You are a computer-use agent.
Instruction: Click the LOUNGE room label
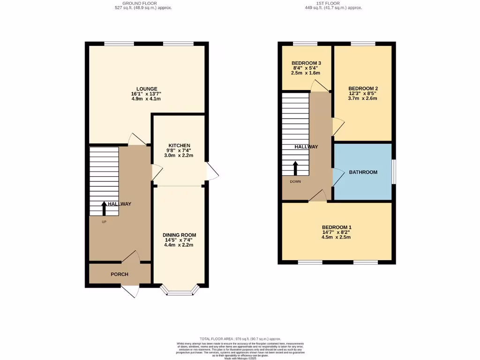click(x=147, y=89)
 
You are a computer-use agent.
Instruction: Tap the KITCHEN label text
click(x=180, y=145)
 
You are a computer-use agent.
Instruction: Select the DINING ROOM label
click(x=180, y=235)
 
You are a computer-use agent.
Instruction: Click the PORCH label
click(x=120, y=274)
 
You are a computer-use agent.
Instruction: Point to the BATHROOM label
click(x=363, y=172)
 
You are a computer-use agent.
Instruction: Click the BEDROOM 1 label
click(x=336, y=227)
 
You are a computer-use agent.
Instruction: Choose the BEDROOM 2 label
click(x=363, y=88)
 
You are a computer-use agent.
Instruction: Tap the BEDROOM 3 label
click(x=306, y=63)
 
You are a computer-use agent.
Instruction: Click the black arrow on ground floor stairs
click(x=104, y=207)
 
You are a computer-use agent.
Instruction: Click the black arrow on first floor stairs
click(x=295, y=168)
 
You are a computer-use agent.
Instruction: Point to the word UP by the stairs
click(x=104, y=222)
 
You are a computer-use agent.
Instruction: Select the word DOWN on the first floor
click(x=295, y=181)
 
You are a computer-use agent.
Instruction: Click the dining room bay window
click(x=180, y=293)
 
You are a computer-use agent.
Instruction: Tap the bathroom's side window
click(x=393, y=172)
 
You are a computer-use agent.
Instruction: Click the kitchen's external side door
click(x=212, y=172)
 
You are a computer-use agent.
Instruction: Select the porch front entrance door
click(x=130, y=291)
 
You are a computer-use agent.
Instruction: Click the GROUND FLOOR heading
click(x=130, y=3)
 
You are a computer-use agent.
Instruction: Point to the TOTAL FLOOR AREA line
click(x=240, y=338)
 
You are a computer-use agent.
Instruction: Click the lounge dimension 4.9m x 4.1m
click(x=147, y=99)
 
